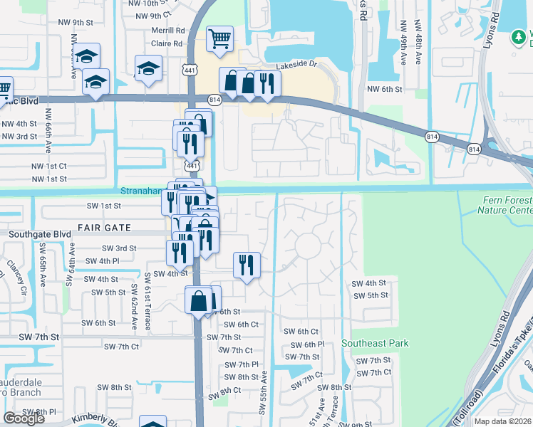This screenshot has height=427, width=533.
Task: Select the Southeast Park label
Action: pos(375,343)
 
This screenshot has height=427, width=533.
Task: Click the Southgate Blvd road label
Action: pos(40,233)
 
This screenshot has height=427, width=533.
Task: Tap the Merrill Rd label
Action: pos(168,31)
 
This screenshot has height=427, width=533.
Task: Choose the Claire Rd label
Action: pos(168,43)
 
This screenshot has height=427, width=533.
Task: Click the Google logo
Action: pos(24,418)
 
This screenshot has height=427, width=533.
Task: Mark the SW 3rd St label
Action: pos(119,248)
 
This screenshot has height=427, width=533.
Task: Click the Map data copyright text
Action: pos(503,421)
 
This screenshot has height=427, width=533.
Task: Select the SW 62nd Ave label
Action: pos(133,307)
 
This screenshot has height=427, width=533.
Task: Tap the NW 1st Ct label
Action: pos(48,166)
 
